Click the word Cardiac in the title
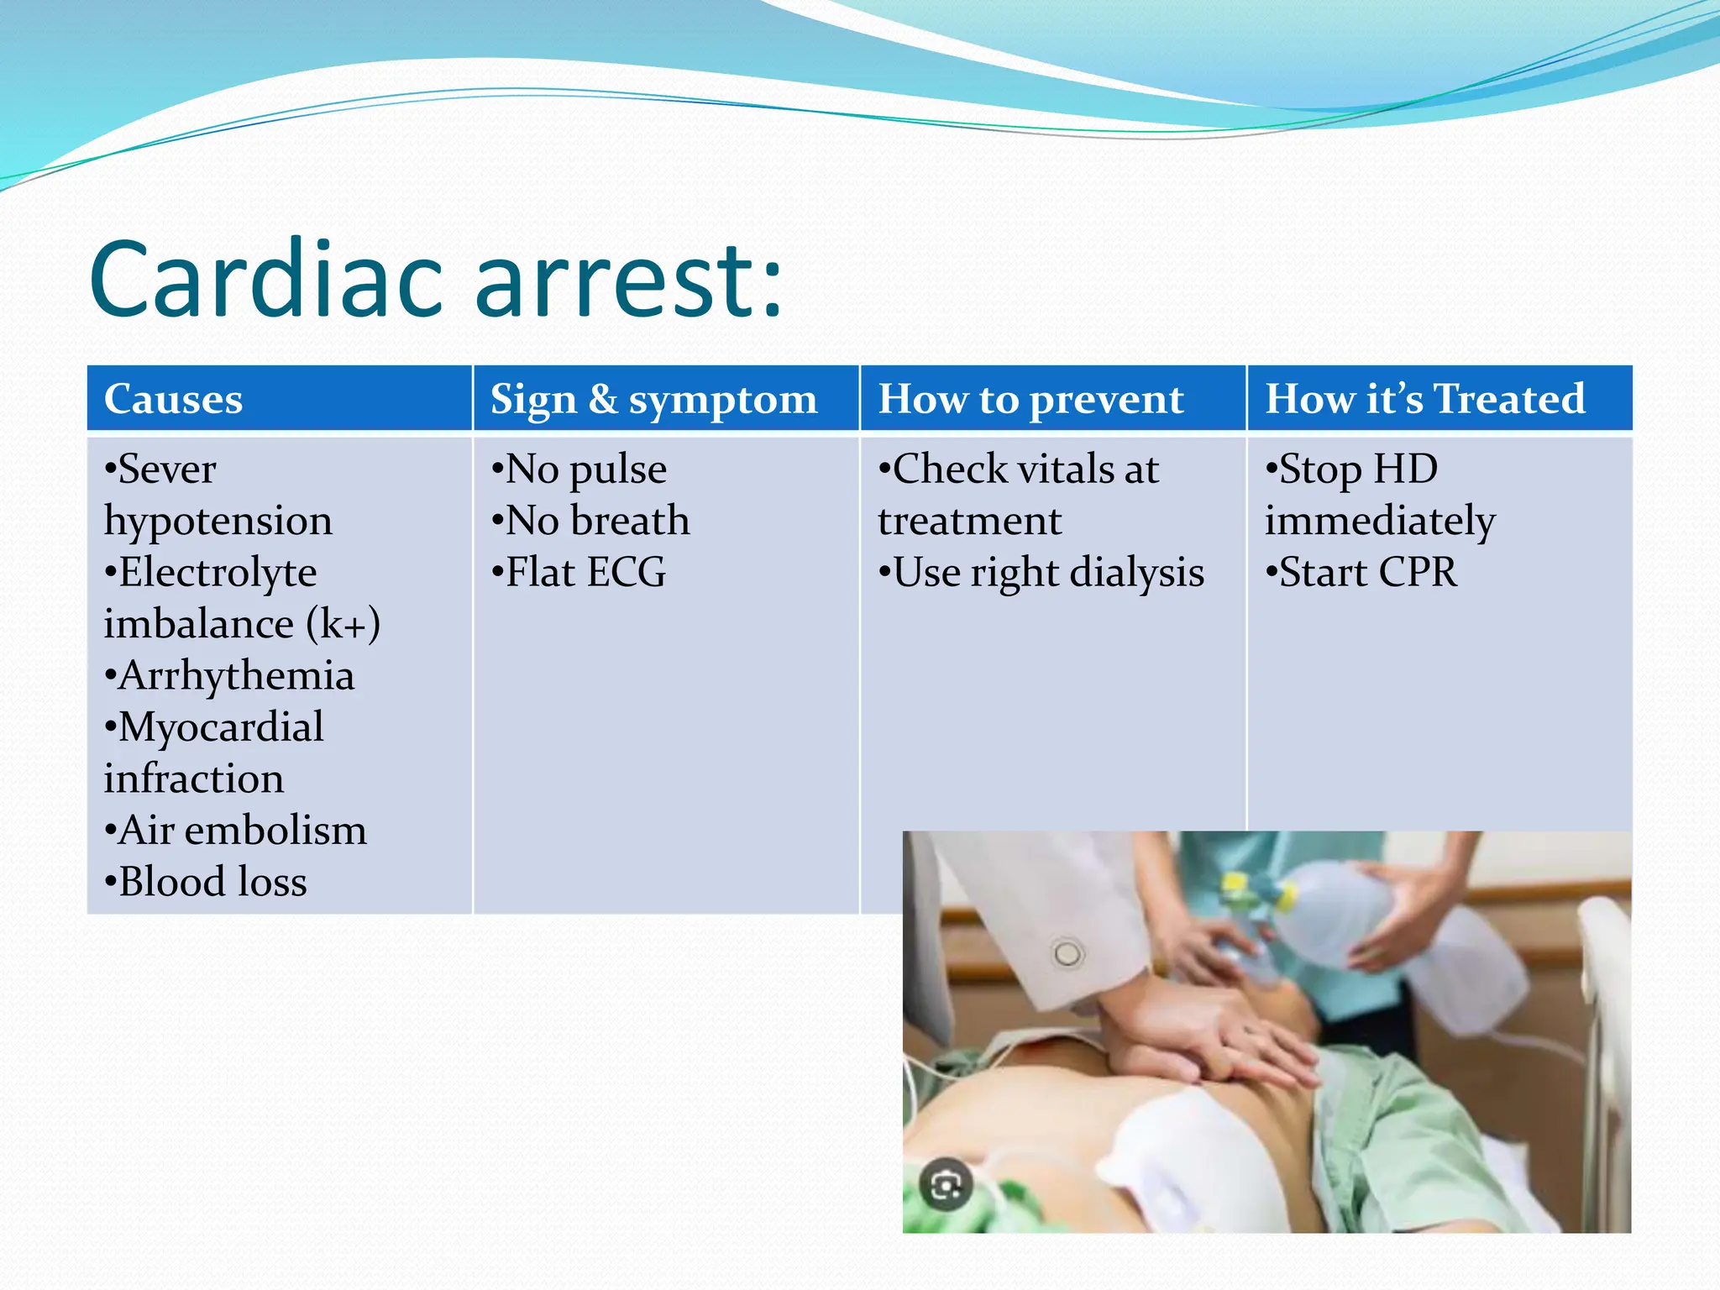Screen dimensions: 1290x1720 [x=265, y=279]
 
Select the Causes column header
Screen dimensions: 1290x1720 [x=173, y=399]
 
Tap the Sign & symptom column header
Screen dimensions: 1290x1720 [x=653, y=399]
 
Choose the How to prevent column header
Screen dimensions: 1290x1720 [x=1030, y=399]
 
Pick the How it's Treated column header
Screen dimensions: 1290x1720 [x=1424, y=399]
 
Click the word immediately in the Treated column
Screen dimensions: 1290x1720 [x=1380, y=521]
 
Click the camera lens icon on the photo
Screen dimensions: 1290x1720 [x=946, y=1185]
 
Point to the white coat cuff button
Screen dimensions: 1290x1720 [x=1067, y=954]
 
